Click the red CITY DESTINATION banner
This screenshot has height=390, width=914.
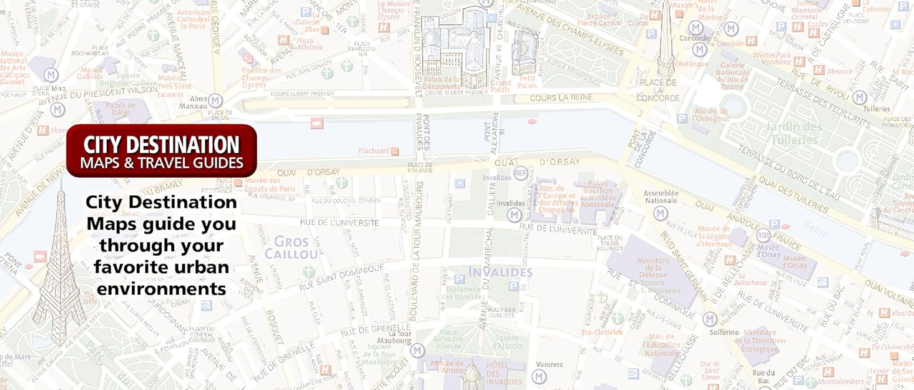(162, 151)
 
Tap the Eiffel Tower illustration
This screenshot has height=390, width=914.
(59, 268)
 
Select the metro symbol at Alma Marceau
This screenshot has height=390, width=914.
(215, 100)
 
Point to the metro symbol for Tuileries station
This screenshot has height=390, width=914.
(860, 97)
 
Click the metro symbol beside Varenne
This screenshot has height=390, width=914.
(539, 376)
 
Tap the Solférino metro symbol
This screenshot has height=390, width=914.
(709, 319)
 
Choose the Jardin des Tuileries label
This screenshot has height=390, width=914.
(795, 133)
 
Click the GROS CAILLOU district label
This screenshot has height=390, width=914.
(291, 248)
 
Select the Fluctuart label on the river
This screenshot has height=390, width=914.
(373, 150)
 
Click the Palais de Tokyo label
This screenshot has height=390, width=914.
(120, 109)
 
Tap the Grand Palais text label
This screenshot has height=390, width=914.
(500, 86)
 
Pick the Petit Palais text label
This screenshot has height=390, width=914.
(527, 82)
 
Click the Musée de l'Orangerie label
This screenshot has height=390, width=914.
(712, 115)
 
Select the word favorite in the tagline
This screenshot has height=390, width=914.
(161, 268)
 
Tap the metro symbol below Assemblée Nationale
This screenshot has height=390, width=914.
(661, 213)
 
